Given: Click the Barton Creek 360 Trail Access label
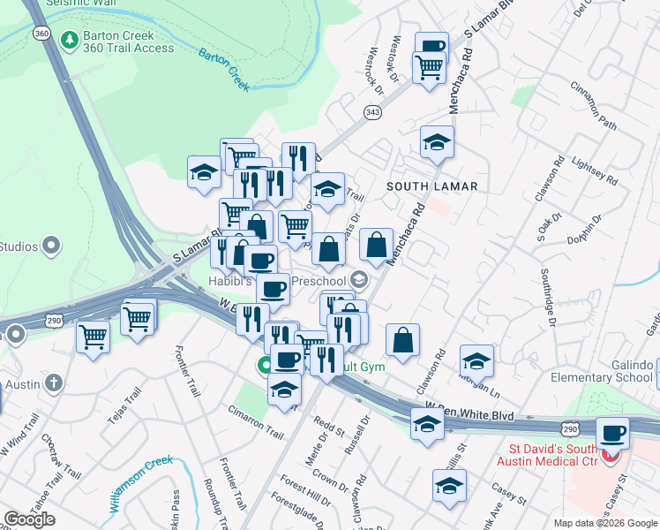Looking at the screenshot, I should [x=128, y=42].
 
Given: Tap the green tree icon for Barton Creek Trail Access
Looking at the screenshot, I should [x=69, y=41].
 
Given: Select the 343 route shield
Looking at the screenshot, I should [x=372, y=112].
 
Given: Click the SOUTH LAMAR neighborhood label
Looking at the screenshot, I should [x=431, y=186].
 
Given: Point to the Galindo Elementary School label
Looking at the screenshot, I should [x=608, y=371].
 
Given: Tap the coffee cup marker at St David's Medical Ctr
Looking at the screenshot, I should [x=612, y=433].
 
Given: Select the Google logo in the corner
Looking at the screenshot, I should [x=29, y=519].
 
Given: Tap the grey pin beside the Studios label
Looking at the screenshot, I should [x=51, y=245].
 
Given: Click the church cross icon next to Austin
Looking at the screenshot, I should [x=54, y=383].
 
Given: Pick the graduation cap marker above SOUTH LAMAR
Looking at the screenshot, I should [x=437, y=142].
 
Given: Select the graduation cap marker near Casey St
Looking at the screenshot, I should [x=449, y=485].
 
